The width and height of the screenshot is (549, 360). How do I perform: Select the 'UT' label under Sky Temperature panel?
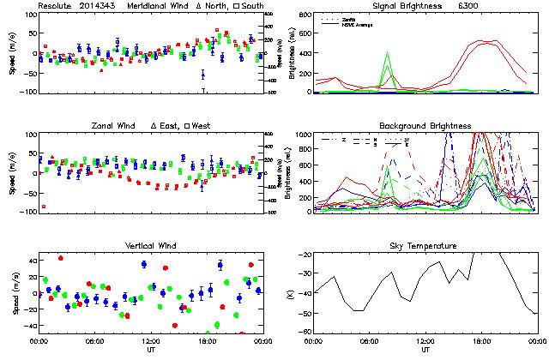pos(425,350)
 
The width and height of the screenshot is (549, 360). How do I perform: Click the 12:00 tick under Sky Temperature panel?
pos(425,341)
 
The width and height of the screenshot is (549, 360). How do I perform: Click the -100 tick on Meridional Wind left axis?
pos(27,92)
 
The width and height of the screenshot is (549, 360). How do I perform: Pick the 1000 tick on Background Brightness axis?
pos(305,135)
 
